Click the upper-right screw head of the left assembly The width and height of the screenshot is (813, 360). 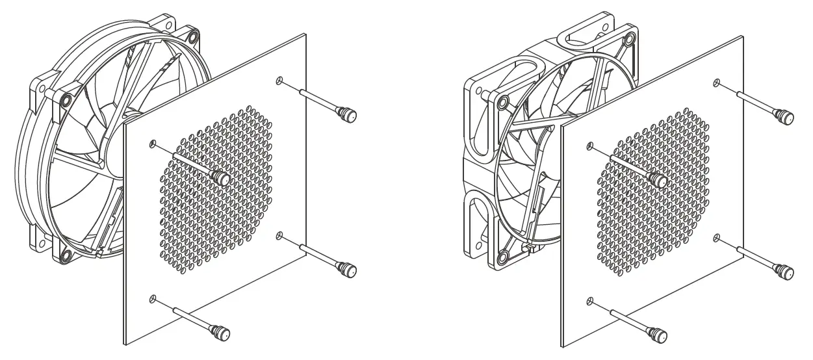[350, 116]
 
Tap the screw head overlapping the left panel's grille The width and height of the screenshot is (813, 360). [222, 177]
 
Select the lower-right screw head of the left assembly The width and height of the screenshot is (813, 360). [350, 269]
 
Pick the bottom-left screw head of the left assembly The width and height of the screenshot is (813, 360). [222, 333]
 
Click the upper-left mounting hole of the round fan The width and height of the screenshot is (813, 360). [66, 100]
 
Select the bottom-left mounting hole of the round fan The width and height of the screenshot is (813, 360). [66, 254]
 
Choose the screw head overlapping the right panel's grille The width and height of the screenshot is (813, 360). [658, 179]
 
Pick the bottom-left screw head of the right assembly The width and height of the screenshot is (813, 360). [660, 335]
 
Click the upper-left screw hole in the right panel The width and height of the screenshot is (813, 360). [589, 144]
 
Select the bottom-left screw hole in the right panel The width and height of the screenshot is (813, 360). [589, 300]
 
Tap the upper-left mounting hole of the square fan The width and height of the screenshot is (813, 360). [503, 102]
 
